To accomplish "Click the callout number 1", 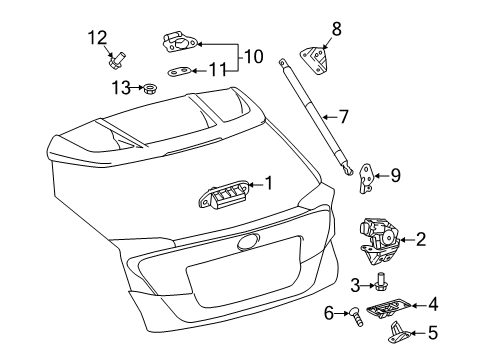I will pyautogui.click(x=269, y=183).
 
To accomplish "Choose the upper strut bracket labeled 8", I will pyautogui.click(x=318, y=59).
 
